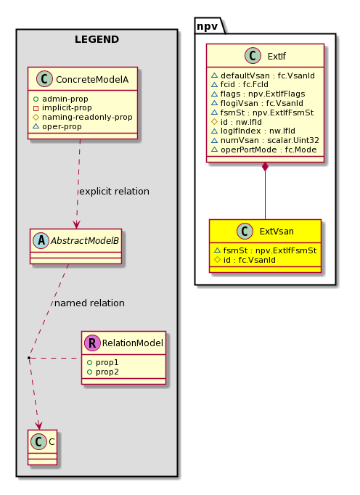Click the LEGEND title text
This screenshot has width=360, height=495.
click(97, 39)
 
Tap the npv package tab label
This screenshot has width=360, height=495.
click(207, 26)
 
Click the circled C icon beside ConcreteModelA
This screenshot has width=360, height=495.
click(44, 79)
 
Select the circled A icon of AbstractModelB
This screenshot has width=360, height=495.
click(41, 240)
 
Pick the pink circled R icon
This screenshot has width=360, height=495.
click(92, 343)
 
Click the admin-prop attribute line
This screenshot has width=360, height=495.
click(61, 99)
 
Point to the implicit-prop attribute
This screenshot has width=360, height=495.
click(62, 108)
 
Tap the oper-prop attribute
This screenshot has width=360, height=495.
click(57, 126)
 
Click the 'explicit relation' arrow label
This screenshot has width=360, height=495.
click(115, 192)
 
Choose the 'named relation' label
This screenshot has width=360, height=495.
click(89, 303)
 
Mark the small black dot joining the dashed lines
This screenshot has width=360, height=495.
click(29, 358)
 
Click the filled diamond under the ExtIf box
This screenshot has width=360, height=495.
click(265, 167)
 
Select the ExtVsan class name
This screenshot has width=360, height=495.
click(277, 232)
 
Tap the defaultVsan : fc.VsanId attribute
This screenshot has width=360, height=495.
click(263, 75)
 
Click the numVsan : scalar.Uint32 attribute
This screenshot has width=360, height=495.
click(265, 141)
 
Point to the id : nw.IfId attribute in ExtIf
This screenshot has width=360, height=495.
click(237, 122)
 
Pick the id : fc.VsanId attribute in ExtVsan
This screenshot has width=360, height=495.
click(245, 260)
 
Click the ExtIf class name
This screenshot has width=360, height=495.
click(277, 56)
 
